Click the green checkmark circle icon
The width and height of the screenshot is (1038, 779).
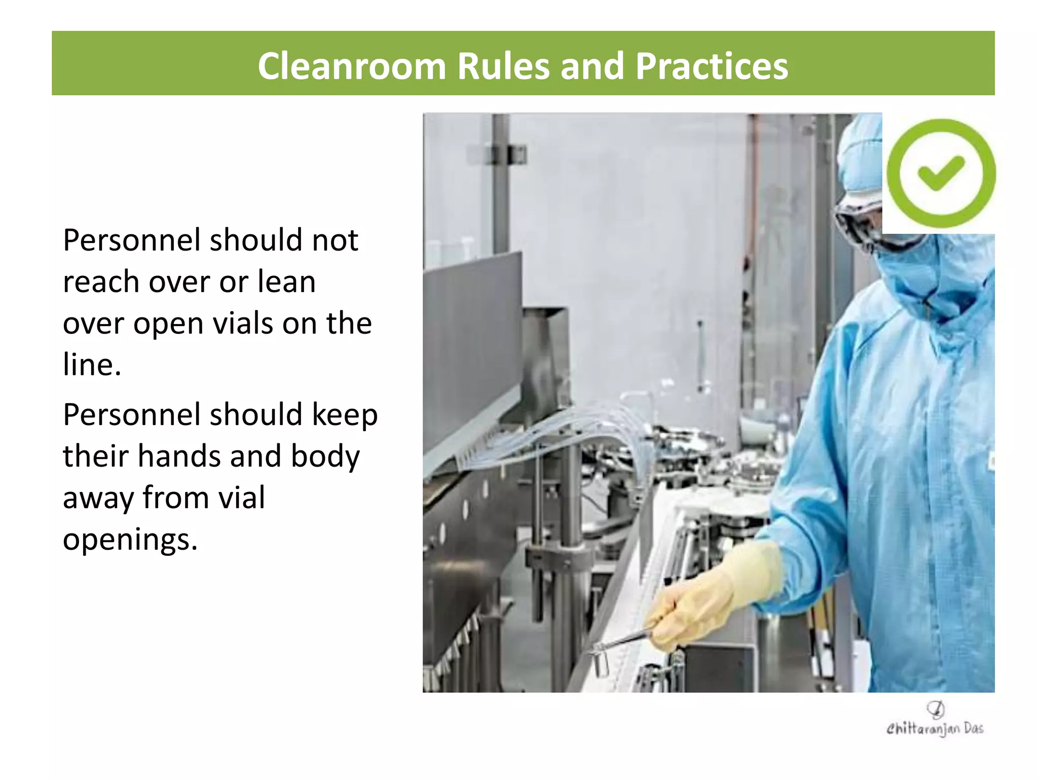(941, 173)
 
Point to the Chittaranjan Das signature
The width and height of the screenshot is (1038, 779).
(935, 729)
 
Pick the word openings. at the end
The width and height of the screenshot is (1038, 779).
(130, 539)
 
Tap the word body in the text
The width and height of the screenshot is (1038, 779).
(325, 456)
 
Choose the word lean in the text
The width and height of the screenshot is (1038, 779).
(286, 281)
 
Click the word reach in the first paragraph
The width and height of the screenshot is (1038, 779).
(101, 281)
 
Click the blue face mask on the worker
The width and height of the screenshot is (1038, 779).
(912, 274)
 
